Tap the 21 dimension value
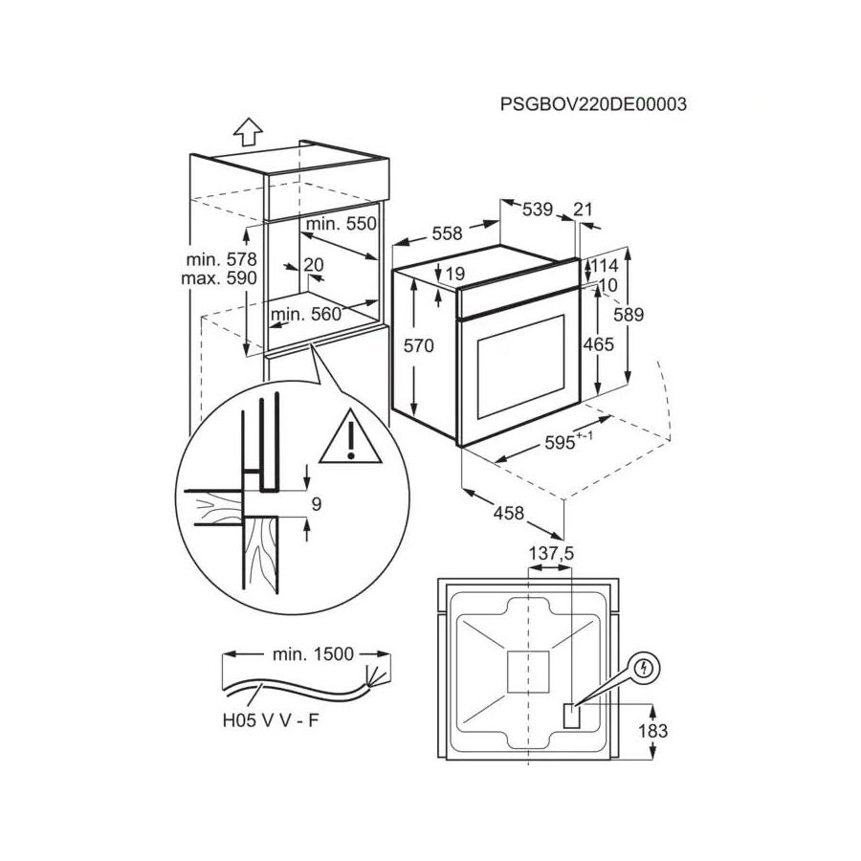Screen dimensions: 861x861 (585, 210)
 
